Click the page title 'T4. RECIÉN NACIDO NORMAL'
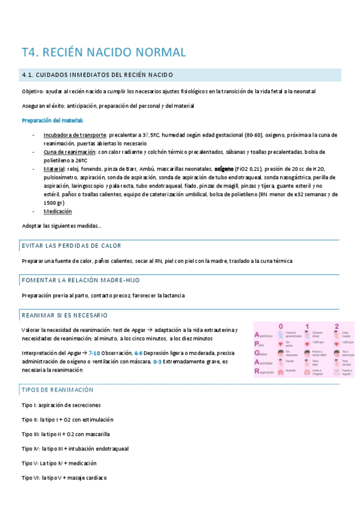[x=104, y=52]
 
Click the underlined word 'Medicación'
[x=58, y=211]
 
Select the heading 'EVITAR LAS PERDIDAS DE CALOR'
[x=71, y=245]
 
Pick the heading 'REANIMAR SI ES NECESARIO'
[x=64, y=315]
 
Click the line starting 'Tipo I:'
[x=61, y=405]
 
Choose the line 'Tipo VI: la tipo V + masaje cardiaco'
[x=64, y=478]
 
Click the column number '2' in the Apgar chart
[x=344, y=327]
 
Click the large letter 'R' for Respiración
[x=258, y=371]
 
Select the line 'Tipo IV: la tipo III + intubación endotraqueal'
[x=75, y=449]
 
